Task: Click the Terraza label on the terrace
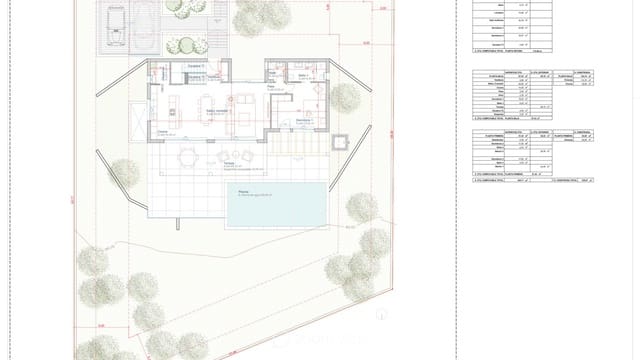[229, 163]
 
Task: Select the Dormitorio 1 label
[304, 120]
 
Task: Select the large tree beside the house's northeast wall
[344, 98]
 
